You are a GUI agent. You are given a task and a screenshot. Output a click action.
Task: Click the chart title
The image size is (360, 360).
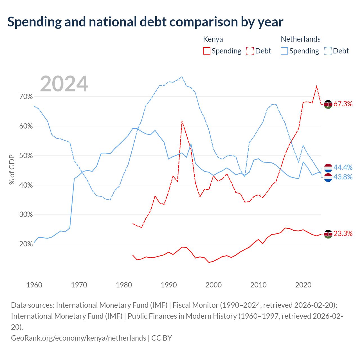tap(145, 22)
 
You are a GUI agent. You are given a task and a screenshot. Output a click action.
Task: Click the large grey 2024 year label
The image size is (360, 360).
tap(64, 84)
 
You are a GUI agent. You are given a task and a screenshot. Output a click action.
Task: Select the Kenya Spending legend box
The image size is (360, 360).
tap(206, 51)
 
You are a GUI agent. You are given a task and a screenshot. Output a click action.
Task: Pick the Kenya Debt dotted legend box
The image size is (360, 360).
tap(250, 51)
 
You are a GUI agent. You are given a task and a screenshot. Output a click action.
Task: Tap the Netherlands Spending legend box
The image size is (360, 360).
tap(284, 51)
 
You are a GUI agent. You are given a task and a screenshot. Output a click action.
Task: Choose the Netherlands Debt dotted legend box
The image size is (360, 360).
tap(327, 51)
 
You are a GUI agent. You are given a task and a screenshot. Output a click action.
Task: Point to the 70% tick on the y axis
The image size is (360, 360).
tap(26, 96)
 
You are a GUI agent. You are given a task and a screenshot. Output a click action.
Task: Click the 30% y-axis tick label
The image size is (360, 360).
tap(26, 215)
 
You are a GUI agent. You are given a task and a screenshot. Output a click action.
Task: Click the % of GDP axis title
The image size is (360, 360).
tap(12, 169)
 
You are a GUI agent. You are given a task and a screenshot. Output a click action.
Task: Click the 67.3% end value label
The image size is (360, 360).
tap(343, 104)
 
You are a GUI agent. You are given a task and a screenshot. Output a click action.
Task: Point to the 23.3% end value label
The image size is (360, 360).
tap(343, 233)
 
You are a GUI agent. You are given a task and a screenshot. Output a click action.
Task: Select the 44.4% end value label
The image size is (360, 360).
tap(343, 167)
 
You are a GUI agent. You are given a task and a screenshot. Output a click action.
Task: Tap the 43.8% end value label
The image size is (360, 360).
tap(343, 177)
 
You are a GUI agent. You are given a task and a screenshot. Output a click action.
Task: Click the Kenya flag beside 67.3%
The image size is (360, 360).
tap(328, 104)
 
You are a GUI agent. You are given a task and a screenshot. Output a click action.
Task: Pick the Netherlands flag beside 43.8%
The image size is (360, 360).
tap(328, 177)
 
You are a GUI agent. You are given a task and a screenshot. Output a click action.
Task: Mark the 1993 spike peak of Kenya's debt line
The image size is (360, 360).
tap(182, 121)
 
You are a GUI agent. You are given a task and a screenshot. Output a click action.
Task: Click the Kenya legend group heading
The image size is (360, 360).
tap(213, 39)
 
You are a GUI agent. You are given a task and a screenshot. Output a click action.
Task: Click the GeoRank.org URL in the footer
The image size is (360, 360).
tap(79, 338)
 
